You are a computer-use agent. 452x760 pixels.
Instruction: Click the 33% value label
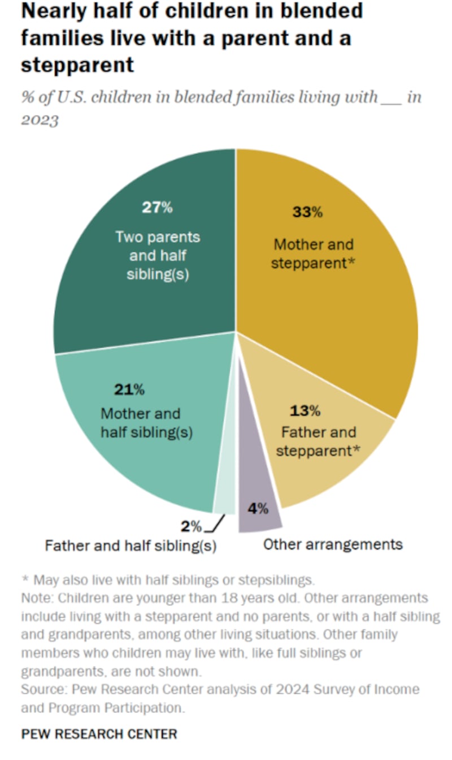point(307,212)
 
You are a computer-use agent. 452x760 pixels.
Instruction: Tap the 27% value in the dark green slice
point(157,207)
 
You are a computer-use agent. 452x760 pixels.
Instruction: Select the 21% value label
point(130,389)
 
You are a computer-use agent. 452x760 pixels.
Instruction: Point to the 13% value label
point(305,410)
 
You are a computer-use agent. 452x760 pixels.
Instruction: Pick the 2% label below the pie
point(191,527)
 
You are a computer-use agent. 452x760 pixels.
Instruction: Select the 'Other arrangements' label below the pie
point(333,544)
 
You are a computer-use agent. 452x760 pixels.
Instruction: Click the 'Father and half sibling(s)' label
point(131,547)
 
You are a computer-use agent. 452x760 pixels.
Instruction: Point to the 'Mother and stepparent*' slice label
point(314,254)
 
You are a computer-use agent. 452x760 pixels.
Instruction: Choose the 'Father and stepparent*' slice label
point(318,441)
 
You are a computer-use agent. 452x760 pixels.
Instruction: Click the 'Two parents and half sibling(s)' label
point(158,255)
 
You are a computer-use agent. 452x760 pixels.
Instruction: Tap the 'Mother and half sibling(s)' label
point(147,423)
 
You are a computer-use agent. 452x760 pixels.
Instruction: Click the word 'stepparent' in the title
point(77,65)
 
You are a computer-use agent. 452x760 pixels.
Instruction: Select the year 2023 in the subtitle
point(40,121)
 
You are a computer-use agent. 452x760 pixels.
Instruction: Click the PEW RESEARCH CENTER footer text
point(99,734)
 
